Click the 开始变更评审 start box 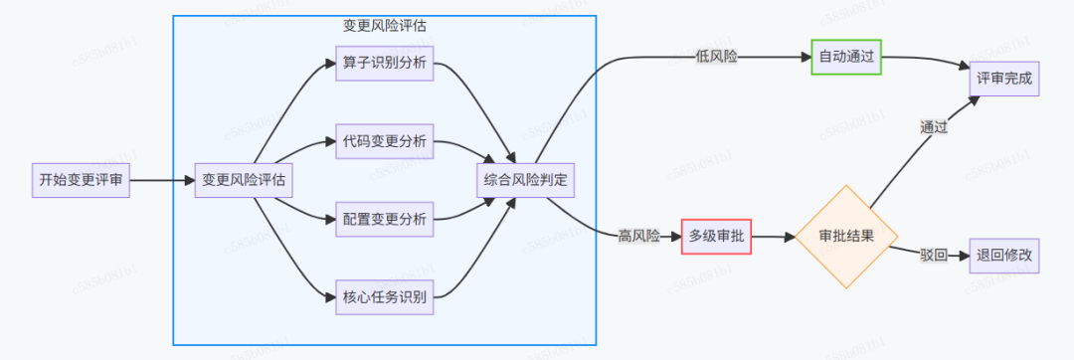[81, 180]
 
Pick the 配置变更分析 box [384, 219]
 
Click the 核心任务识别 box [384, 296]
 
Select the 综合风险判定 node [528, 180]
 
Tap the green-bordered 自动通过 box [846, 58]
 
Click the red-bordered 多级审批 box [716, 236]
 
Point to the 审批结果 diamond [846, 236]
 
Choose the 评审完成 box [1004, 78]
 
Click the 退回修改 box [1004, 256]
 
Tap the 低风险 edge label [717, 58]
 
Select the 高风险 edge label [638, 236]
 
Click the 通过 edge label [933, 126]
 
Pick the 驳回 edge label [933, 256]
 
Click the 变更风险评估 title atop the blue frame [385, 25]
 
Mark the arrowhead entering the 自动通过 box [806, 58]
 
